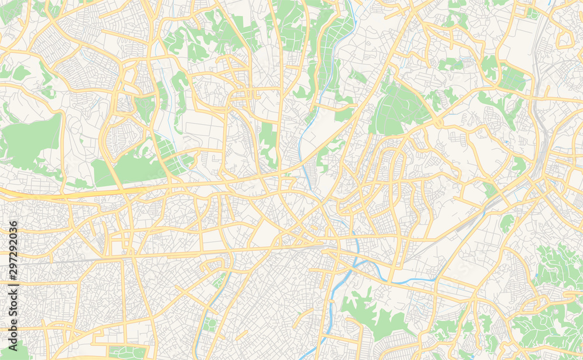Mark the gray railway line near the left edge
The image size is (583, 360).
[x=35, y=262]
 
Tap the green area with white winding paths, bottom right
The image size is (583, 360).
[x=557, y=265]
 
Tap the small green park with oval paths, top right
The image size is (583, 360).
[x=512, y=79]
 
